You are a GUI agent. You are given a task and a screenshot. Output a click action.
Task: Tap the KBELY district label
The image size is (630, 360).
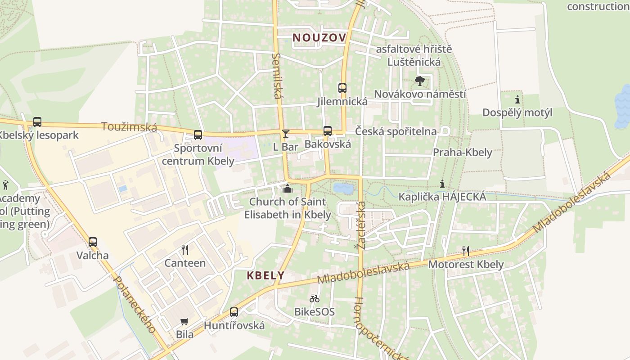tap(265, 275)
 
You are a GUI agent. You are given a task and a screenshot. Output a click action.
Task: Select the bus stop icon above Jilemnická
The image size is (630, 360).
tap(342, 88)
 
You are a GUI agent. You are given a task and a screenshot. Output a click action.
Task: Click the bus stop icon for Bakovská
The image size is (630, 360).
tap(328, 131)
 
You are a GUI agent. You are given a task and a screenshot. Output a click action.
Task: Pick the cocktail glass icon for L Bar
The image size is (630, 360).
tap(285, 134)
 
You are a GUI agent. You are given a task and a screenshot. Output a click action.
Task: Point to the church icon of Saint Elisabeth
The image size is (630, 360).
tap(287, 188)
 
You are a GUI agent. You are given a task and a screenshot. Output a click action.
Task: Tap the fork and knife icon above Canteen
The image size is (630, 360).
tap(184, 250)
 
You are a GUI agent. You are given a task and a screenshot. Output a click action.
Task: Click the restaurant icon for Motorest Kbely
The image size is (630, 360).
tap(466, 251)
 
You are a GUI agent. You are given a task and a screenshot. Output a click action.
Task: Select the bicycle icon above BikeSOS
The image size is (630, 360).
tap(314, 298)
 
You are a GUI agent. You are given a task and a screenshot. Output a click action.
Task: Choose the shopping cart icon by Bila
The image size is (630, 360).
tap(184, 321)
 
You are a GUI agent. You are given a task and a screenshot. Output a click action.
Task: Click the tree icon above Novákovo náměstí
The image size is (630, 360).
tap(420, 81)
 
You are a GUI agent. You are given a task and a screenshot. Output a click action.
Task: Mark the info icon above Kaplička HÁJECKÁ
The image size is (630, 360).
tap(442, 184)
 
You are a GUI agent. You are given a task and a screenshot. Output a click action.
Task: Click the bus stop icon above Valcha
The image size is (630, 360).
tap(92, 242)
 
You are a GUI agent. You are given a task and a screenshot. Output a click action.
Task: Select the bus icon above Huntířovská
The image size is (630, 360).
tap(234, 312)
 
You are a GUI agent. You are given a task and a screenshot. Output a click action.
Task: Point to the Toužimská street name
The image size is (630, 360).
tap(129, 127)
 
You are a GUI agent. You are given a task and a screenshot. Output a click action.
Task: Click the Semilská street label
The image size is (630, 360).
tap(277, 76)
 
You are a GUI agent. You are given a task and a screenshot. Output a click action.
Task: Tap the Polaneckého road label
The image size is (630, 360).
tap(135, 304)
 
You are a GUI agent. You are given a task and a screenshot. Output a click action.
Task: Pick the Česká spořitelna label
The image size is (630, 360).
tap(396, 131)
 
